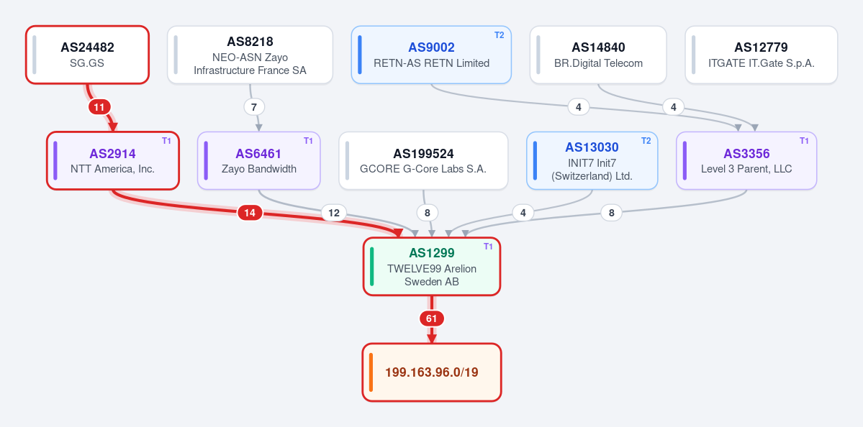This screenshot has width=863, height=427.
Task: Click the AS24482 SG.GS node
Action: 88,55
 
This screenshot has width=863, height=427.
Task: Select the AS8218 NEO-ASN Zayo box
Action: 250,55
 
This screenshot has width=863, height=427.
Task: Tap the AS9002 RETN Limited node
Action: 432,55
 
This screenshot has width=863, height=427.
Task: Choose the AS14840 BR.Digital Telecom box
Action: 598,55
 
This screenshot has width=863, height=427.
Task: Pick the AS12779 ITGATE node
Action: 762,55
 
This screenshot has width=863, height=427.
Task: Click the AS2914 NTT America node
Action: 113,160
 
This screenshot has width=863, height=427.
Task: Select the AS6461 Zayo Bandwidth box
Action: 258,160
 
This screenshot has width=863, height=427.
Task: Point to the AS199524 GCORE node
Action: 423,160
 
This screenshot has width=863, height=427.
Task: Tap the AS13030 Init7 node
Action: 592,160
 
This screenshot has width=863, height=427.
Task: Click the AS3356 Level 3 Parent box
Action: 746,160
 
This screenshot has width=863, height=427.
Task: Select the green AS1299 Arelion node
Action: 432,267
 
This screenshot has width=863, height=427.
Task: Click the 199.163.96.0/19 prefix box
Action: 432,372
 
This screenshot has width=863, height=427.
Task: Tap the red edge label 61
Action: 432,318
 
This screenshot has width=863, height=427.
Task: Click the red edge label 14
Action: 250,213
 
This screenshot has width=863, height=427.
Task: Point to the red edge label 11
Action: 99,106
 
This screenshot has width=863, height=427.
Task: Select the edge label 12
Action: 334,213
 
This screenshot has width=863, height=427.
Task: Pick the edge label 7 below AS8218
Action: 254,106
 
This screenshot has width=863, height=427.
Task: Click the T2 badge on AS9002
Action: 500,35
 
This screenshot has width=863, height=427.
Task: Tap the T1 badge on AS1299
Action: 488,247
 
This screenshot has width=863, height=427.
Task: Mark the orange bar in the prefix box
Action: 371,372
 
